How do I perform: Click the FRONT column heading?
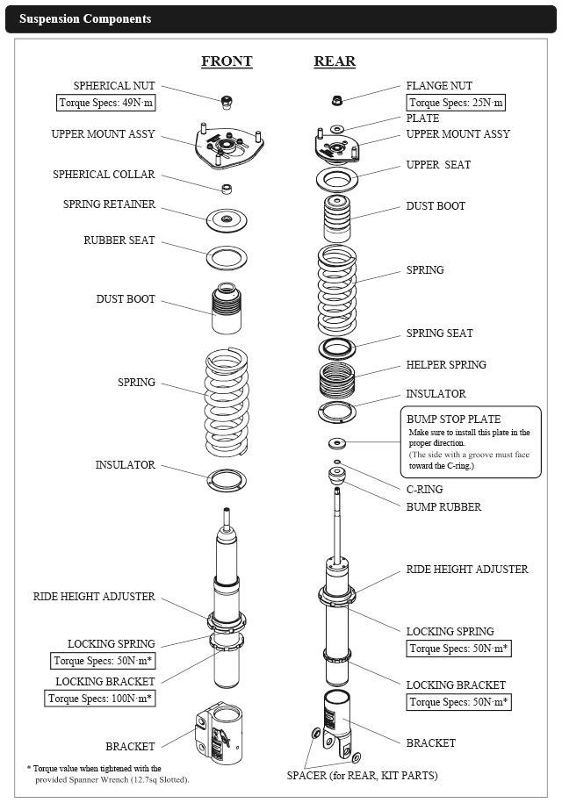click(x=227, y=61)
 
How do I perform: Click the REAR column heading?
click(x=335, y=61)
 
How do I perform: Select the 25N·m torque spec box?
click(x=455, y=103)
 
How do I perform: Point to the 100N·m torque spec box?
click(x=101, y=699)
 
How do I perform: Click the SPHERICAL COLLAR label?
click(x=104, y=175)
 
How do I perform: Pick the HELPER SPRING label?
click(x=445, y=364)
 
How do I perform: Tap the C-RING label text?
click(x=424, y=489)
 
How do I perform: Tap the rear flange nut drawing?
click(x=336, y=99)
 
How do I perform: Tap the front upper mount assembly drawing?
click(x=228, y=147)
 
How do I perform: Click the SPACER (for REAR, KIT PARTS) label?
click(x=362, y=775)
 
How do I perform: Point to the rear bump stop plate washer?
click(x=336, y=441)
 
